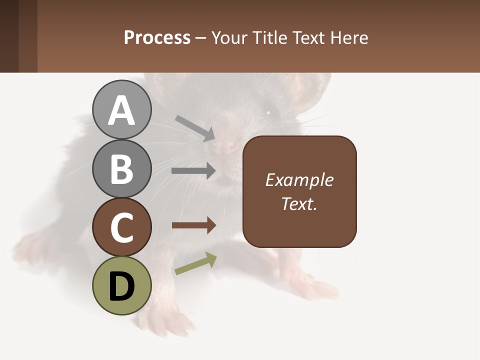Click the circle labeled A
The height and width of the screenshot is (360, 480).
tap(121, 110)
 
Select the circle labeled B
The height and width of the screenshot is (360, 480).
tap(121, 168)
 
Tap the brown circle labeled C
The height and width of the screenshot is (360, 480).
tap(121, 227)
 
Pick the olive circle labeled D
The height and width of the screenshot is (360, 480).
tap(121, 285)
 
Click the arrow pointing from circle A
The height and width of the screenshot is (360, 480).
tap(195, 128)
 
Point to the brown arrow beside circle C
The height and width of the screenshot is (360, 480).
tap(193, 225)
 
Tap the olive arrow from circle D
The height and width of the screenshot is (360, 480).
tap(195, 263)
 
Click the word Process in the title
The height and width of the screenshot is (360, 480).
tap(157, 37)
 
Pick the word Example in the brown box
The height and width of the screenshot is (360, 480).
tap(299, 180)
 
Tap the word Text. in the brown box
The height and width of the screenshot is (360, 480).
tap(299, 203)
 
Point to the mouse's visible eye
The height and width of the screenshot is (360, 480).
tap(268, 112)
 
